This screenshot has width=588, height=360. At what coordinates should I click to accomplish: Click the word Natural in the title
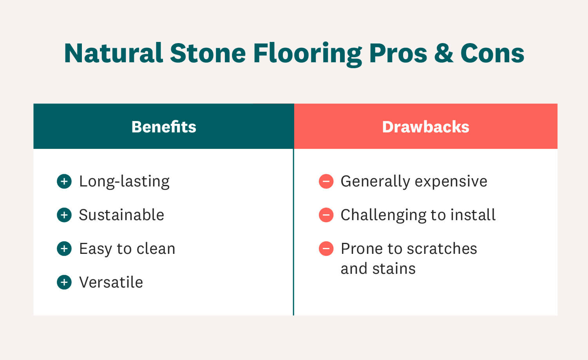pos(114,53)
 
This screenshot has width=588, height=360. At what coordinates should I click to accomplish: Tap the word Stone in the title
pos(208,53)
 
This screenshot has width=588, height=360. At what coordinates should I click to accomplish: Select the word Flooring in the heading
pos(308,54)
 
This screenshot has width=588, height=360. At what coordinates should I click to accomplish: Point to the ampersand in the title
pos(443,53)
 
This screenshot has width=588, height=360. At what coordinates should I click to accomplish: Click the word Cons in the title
pos(492,53)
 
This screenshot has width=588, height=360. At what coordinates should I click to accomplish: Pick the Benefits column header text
pos(164,127)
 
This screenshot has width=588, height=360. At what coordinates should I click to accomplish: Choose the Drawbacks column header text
pos(425,127)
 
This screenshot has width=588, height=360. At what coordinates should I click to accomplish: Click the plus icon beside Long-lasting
pos(64,181)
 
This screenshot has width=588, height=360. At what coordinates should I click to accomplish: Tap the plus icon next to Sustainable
pos(64,215)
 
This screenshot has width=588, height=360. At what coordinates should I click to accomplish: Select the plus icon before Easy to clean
pos(64,249)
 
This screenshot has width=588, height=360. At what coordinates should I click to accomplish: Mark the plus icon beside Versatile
pos(64,282)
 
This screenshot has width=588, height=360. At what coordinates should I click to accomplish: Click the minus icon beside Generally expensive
pos(326,181)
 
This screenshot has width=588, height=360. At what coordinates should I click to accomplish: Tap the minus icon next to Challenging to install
pos(326,215)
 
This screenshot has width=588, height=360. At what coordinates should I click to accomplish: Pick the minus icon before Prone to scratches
pos(326,249)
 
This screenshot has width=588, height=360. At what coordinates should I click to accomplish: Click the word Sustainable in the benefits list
pos(121,215)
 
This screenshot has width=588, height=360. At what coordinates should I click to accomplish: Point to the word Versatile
pos(111,282)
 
